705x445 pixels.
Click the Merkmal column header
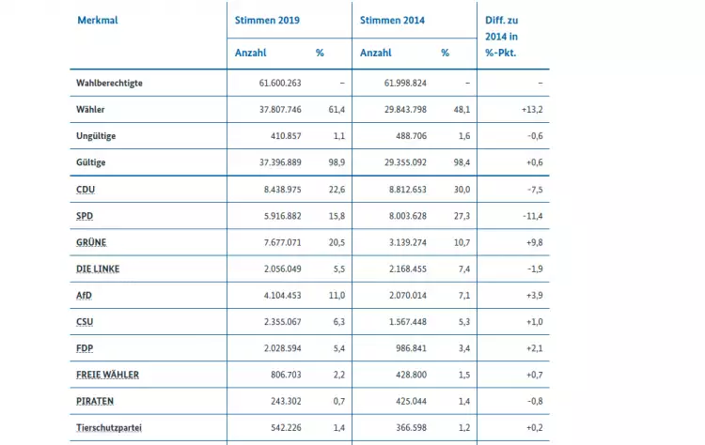click(x=98, y=21)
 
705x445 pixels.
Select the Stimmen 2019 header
click(x=267, y=21)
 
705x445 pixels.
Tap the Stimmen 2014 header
click(x=392, y=21)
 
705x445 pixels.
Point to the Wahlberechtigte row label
click(x=109, y=83)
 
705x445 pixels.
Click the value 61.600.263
click(x=280, y=83)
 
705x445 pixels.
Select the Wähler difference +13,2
click(x=532, y=110)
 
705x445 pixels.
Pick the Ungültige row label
click(x=96, y=136)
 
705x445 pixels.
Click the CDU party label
click(x=86, y=190)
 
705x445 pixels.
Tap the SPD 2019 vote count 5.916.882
click(x=282, y=216)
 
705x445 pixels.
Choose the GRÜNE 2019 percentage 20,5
click(x=337, y=242)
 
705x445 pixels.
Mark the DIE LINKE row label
click(x=98, y=269)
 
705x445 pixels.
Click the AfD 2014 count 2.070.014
click(x=408, y=296)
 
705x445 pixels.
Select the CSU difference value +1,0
click(x=535, y=322)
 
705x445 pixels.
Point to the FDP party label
click(x=85, y=348)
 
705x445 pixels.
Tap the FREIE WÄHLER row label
click(x=107, y=375)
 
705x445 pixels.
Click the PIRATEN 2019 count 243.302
click(x=286, y=402)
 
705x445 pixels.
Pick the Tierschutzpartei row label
click(x=109, y=428)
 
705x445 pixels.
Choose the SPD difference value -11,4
click(x=533, y=216)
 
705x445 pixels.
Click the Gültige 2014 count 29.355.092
click(x=405, y=162)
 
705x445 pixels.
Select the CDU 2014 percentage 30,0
click(x=462, y=190)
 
